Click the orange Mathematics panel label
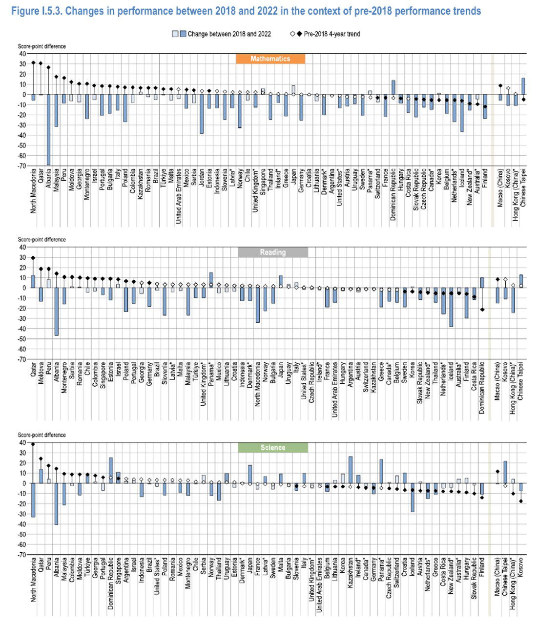click(270, 59)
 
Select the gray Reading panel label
click(272, 252)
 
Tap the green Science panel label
click(272, 448)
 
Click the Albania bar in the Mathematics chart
click(48, 129)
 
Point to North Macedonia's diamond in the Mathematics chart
click(33, 62)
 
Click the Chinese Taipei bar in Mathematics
click(523, 86)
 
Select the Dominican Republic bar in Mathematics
click(393, 87)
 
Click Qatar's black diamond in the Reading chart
click(33, 258)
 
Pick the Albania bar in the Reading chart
click(56, 311)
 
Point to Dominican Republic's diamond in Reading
click(482, 310)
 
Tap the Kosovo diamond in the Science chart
click(521, 501)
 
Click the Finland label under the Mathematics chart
click(485, 181)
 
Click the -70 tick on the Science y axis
click(22, 555)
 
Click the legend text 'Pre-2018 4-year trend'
click(331, 34)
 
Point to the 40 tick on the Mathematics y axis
click(22, 54)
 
